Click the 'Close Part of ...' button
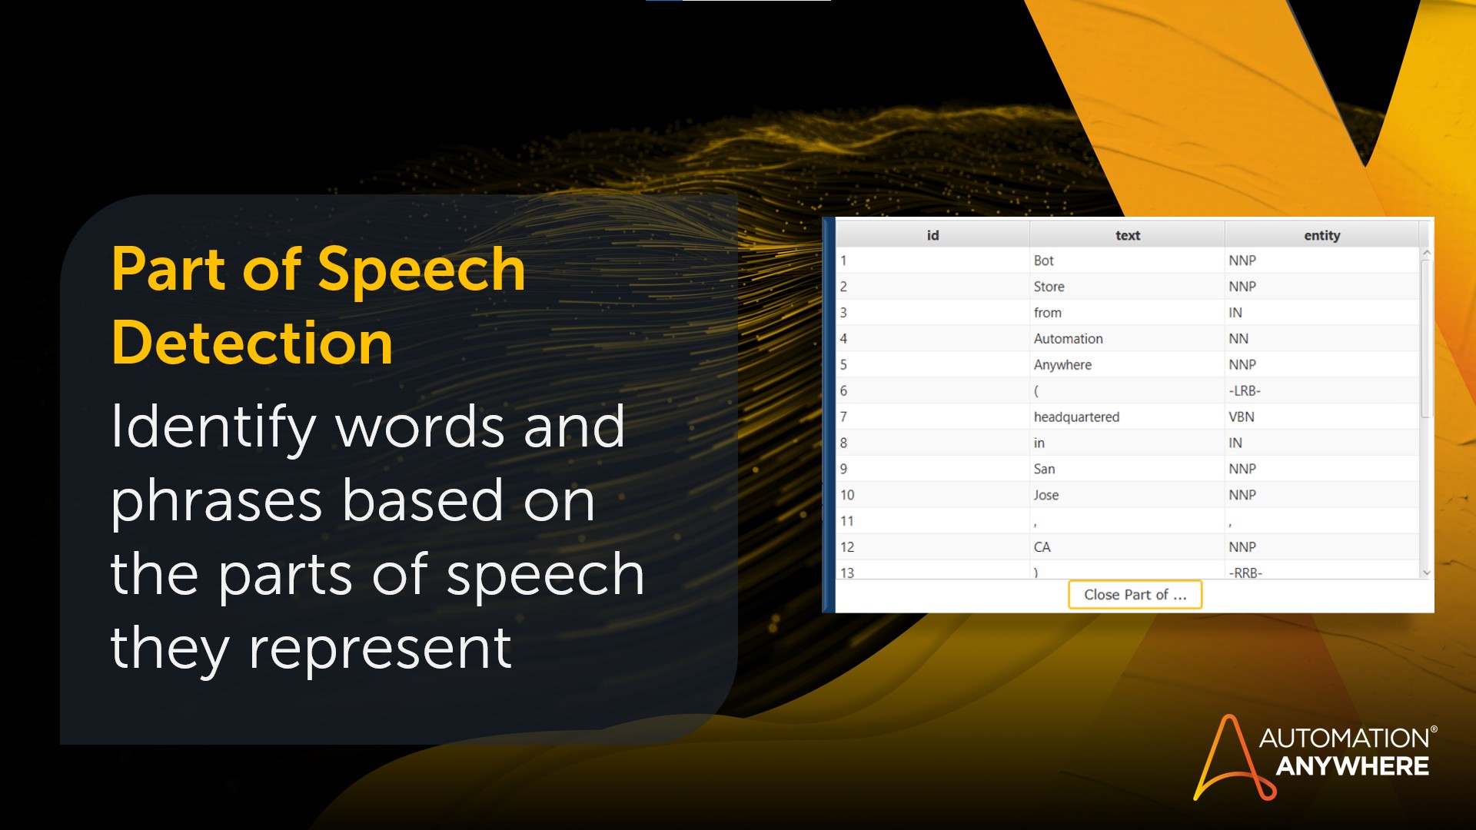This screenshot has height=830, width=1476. click(1135, 594)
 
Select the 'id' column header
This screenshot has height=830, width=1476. click(932, 235)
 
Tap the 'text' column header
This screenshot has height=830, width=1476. click(1127, 235)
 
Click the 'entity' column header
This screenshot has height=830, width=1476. click(1321, 235)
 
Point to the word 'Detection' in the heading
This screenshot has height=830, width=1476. click(252, 342)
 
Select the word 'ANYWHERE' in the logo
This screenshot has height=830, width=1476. click(1352, 766)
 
